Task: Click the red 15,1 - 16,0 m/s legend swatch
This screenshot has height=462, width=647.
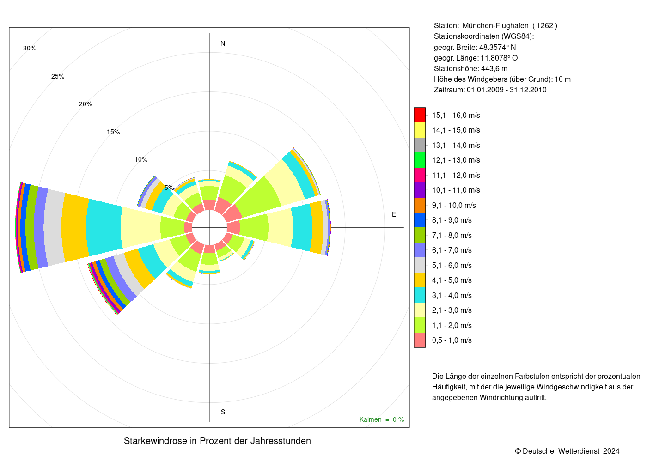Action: click(x=420, y=115)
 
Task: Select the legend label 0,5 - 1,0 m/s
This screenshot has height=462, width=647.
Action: click(x=452, y=340)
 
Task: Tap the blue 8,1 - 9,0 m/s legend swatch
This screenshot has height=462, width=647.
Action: click(x=420, y=220)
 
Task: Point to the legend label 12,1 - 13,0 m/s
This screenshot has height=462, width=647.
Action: click(x=456, y=160)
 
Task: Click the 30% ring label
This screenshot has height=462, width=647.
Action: click(x=30, y=48)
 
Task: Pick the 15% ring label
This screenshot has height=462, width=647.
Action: click(x=113, y=132)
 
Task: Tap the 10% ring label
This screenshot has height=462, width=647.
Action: click(x=141, y=159)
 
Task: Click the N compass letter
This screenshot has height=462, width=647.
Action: click(x=223, y=43)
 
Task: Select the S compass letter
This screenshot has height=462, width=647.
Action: click(x=223, y=412)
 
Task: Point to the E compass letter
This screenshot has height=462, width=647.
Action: click(x=394, y=214)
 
